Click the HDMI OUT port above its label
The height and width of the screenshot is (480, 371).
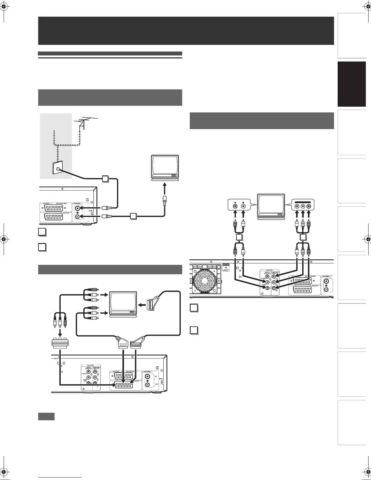pyautogui.click(x=226, y=265)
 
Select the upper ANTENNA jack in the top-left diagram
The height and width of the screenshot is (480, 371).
pyautogui.click(x=78, y=208)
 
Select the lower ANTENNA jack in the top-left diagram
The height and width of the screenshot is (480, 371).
pyautogui.click(x=78, y=216)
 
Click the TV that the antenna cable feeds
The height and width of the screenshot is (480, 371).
pyautogui.click(x=165, y=168)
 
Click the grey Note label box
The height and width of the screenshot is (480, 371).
pyautogui.click(x=46, y=416)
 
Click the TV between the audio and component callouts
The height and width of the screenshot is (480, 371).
pyautogui.click(x=271, y=206)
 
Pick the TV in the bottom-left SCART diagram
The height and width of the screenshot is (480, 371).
pyautogui.click(x=123, y=304)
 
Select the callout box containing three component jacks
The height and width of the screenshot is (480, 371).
pyautogui.click(x=302, y=206)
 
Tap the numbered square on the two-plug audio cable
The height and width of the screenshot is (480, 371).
pyautogui.click(x=239, y=238)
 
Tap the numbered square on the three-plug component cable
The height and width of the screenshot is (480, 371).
pyautogui.click(x=302, y=238)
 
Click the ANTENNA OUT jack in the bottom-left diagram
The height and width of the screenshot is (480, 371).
pyautogui.click(x=148, y=385)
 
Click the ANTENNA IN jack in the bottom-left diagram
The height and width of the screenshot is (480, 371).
pyautogui.click(x=148, y=376)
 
